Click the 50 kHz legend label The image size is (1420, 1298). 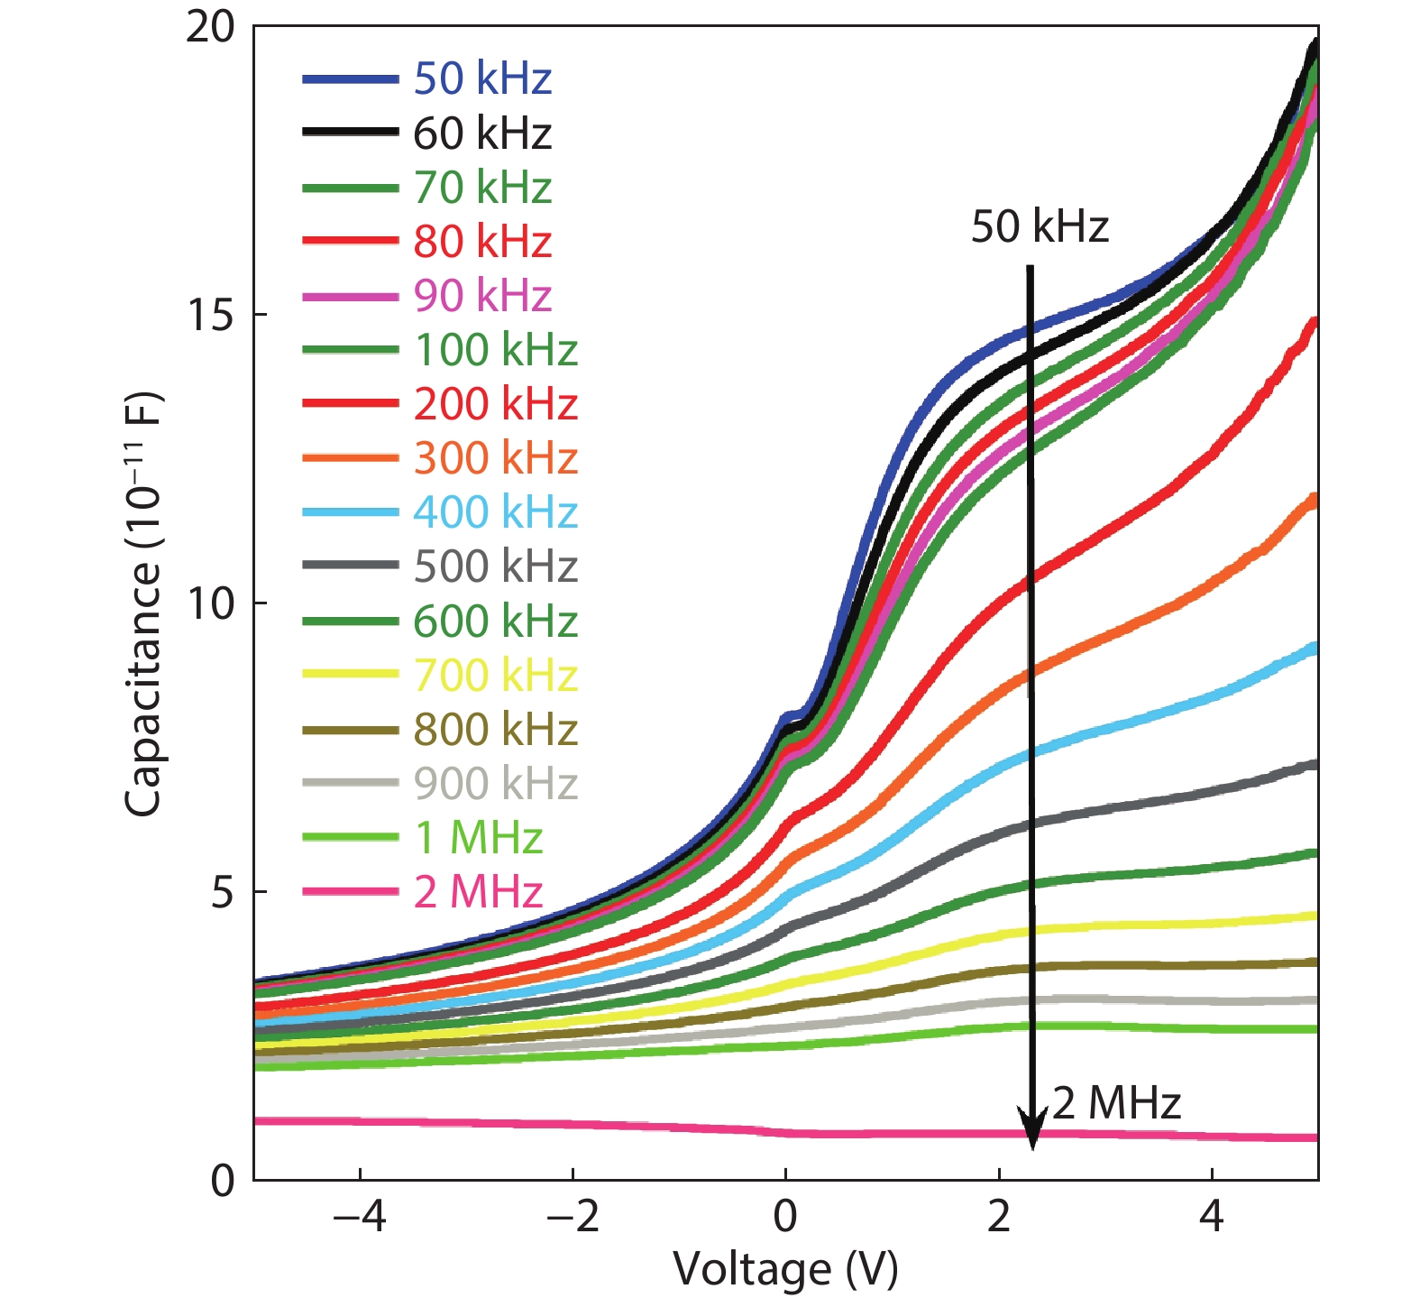(x=482, y=78)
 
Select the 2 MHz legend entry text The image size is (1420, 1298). (x=478, y=892)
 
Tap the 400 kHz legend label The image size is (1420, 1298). (x=495, y=512)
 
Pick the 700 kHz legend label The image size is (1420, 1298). (x=495, y=675)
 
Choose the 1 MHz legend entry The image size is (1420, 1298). (x=478, y=838)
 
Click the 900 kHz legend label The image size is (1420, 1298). (x=495, y=784)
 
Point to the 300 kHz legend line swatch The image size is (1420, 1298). (x=351, y=458)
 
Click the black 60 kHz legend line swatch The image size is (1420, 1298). (x=351, y=133)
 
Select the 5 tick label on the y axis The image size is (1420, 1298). (x=222, y=892)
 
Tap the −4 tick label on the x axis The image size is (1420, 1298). (x=359, y=1217)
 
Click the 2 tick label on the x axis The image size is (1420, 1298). (x=999, y=1217)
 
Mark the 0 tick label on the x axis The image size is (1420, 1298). (x=785, y=1217)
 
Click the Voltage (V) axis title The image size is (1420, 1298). (x=785, y=1269)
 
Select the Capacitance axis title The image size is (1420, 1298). (x=142, y=603)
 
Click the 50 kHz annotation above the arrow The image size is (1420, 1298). (x=1039, y=226)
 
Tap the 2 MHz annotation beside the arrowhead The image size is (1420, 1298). (x=1116, y=1102)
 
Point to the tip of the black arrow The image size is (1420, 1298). (x=1032, y=1149)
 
